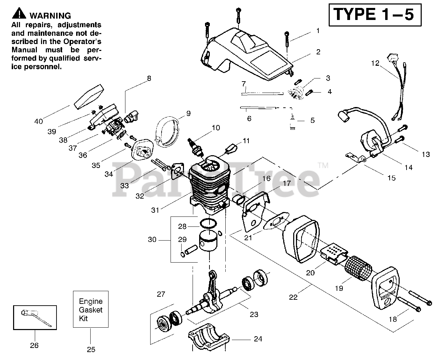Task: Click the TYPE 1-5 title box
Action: tap(375, 15)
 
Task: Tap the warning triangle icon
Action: tap(19, 13)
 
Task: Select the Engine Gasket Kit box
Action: tap(91, 309)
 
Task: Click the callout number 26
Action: tap(34, 345)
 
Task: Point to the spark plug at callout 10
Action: tap(196, 148)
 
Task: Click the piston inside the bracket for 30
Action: tap(208, 240)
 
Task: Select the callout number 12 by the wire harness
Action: tap(375, 63)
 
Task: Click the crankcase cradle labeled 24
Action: tap(209, 337)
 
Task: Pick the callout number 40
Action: tap(39, 121)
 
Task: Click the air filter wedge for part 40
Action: tap(89, 97)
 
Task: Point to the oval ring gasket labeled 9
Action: tap(167, 131)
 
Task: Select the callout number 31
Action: tap(155, 210)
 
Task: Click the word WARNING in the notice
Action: tap(50, 16)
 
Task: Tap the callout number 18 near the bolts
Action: tap(392, 319)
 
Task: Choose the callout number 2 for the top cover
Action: tap(318, 52)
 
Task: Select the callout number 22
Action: tap(293, 297)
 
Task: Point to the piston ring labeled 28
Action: tap(208, 223)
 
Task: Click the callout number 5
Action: tap(312, 120)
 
